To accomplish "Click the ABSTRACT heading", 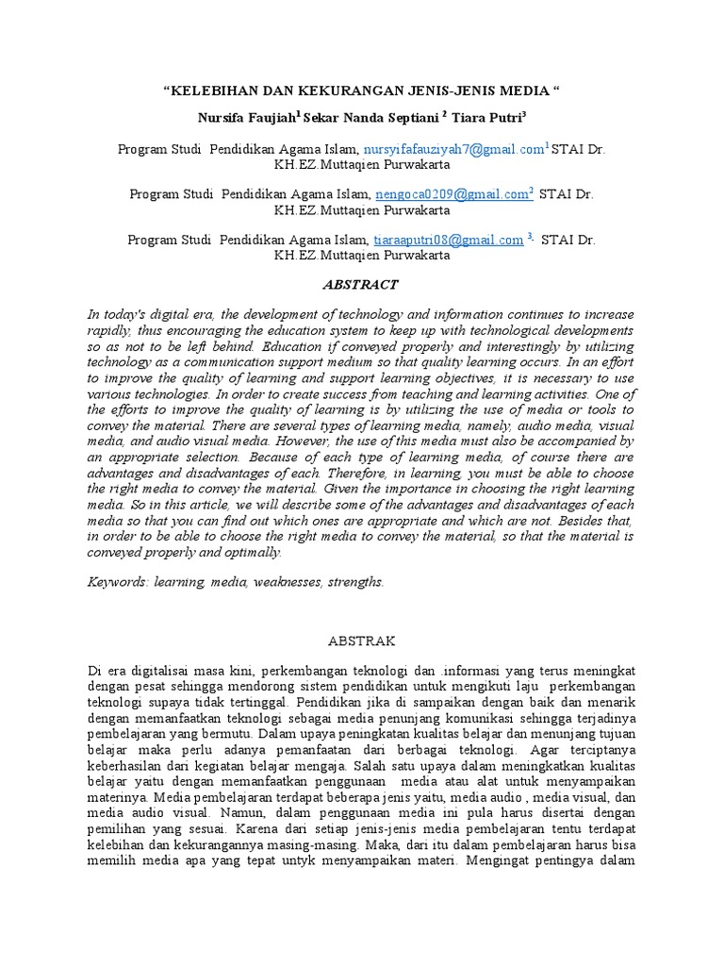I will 361,284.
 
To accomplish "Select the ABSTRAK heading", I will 362,640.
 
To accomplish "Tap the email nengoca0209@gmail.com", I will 452,192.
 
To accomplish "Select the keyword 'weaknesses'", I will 286,582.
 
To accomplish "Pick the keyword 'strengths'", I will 354,582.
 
